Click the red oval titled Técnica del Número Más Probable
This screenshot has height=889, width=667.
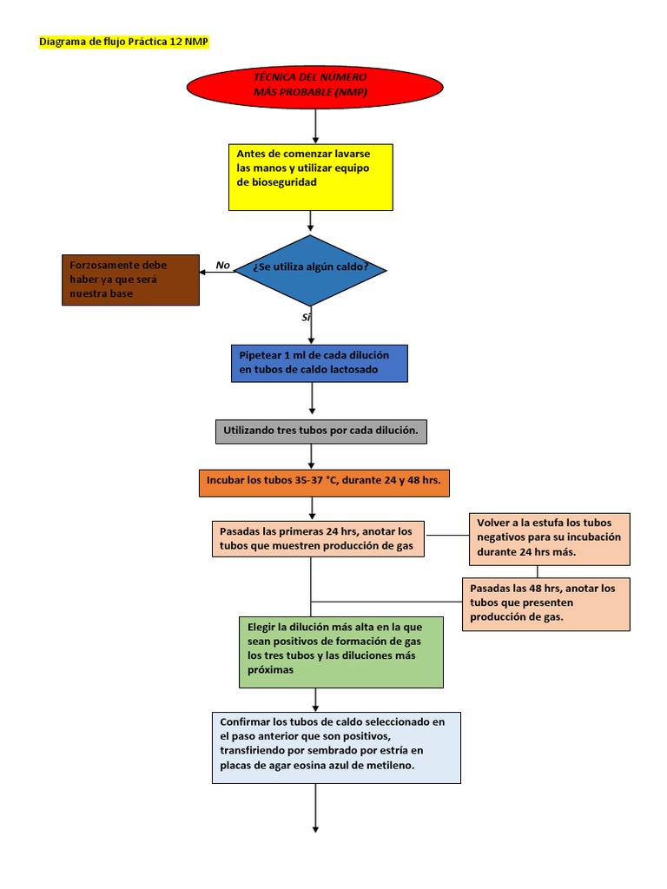click(x=315, y=86)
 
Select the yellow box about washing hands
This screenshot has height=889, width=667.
click(x=311, y=177)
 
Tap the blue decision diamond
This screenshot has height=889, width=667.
click(x=310, y=270)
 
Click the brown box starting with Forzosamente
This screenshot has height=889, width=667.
click(x=131, y=280)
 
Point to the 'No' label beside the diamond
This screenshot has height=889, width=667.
click(x=223, y=266)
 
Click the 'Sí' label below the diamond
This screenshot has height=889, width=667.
click(x=306, y=318)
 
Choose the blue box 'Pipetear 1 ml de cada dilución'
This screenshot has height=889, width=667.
click(x=318, y=363)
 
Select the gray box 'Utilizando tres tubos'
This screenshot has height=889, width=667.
click(x=320, y=431)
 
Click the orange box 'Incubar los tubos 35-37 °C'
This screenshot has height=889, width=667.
click(x=324, y=482)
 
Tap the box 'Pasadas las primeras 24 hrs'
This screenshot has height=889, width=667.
click(x=318, y=538)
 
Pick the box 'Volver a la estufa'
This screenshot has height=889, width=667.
click(x=549, y=538)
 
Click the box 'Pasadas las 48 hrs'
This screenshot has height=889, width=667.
click(x=545, y=603)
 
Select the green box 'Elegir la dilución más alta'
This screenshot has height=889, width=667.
click(x=340, y=651)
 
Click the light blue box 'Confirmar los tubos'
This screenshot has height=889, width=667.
click(x=335, y=747)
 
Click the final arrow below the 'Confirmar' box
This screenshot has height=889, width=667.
click(x=315, y=807)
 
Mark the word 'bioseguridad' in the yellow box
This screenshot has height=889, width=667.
click(x=276, y=182)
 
